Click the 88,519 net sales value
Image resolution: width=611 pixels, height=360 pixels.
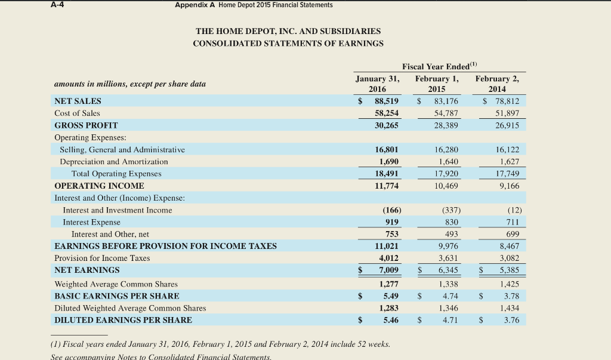click(387, 101)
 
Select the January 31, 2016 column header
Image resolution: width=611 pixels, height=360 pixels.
click(377, 84)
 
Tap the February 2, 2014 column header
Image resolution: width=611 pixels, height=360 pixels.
click(497, 84)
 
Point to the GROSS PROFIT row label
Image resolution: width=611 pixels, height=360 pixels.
click(86, 125)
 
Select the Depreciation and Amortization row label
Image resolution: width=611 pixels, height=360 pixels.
click(113, 162)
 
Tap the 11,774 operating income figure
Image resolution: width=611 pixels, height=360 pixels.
click(387, 186)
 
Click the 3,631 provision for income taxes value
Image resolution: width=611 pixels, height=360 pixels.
click(446, 258)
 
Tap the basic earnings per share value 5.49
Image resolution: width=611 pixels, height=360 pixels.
click(391, 296)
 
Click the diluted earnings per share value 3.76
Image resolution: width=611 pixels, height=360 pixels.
click(511, 320)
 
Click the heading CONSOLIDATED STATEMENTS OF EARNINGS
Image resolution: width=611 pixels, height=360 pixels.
click(288, 43)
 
